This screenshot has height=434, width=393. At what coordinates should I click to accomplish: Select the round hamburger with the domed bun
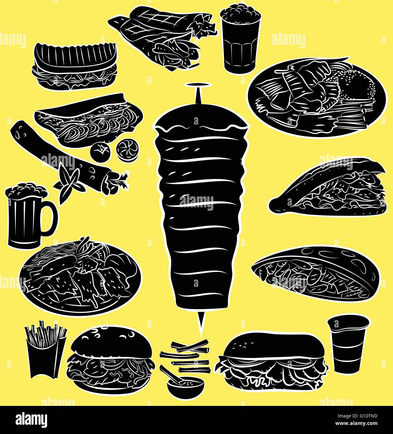(x=111, y=359)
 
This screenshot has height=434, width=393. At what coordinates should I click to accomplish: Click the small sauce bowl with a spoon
(x=185, y=386)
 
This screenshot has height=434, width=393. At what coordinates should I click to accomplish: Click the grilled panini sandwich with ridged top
(x=75, y=66)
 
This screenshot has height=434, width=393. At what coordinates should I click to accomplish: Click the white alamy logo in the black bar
(x=32, y=420)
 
